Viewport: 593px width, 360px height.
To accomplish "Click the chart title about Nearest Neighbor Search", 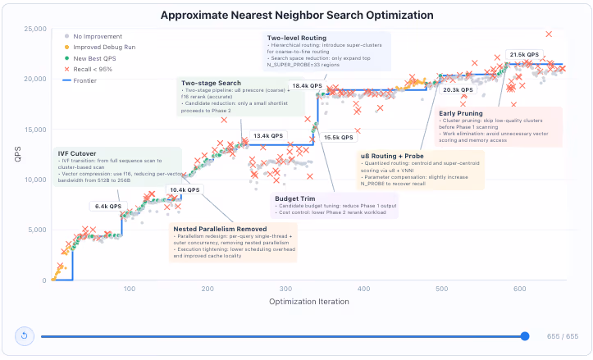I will pyautogui.click(x=297, y=15).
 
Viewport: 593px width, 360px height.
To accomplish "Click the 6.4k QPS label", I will pyautogui.click(x=108, y=206).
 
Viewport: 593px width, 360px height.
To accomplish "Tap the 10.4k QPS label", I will pyautogui.click(x=184, y=189).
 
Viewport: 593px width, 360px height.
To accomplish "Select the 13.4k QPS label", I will pyautogui.click(x=267, y=135).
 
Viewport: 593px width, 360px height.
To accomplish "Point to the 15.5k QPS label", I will pyautogui.click(x=338, y=137).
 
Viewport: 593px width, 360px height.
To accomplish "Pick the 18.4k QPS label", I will pyautogui.click(x=306, y=85).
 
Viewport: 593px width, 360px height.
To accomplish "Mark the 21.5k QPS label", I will pyautogui.click(x=523, y=55).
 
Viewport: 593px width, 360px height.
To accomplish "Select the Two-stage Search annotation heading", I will pyautogui.click(x=211, y=83).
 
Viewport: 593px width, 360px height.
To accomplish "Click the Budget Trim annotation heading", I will pyautogui.click(x=298, y=198).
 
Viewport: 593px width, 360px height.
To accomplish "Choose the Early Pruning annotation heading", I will pyautogui.click(x=461, y=112).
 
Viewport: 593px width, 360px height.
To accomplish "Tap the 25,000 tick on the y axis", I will pyautogui.click(x=34, y=29).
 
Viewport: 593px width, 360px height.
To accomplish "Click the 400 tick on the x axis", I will pyautogui.click(x=362, y=289).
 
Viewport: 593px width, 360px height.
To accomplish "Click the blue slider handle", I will pyautogui.click(x=525, y=336).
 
